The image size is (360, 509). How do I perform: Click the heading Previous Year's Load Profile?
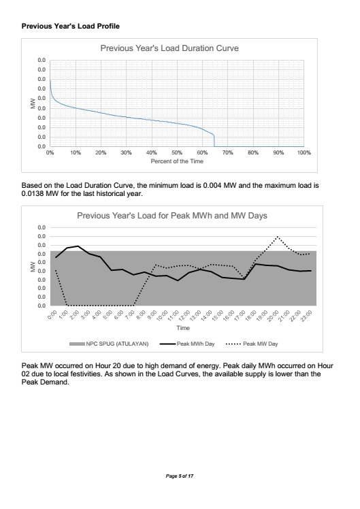71,26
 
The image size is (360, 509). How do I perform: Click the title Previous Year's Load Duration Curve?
169,48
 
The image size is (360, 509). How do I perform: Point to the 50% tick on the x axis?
177,152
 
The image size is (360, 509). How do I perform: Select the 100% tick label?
304,152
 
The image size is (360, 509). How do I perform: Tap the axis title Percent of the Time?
177,161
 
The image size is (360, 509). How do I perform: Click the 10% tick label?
76,152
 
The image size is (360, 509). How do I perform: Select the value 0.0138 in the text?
33,194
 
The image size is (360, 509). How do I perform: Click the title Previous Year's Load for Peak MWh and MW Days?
172,216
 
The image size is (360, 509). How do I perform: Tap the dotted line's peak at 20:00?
277,237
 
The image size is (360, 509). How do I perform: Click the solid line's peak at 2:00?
78,246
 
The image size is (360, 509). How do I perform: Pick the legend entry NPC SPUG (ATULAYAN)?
109,344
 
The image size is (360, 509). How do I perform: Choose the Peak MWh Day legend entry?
187,344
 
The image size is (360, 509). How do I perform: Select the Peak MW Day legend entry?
252,344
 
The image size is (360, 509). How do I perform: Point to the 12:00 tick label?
184,315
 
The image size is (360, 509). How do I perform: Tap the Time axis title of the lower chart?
183,328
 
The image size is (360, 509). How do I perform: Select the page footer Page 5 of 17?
180,476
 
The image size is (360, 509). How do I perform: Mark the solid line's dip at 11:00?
178,280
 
